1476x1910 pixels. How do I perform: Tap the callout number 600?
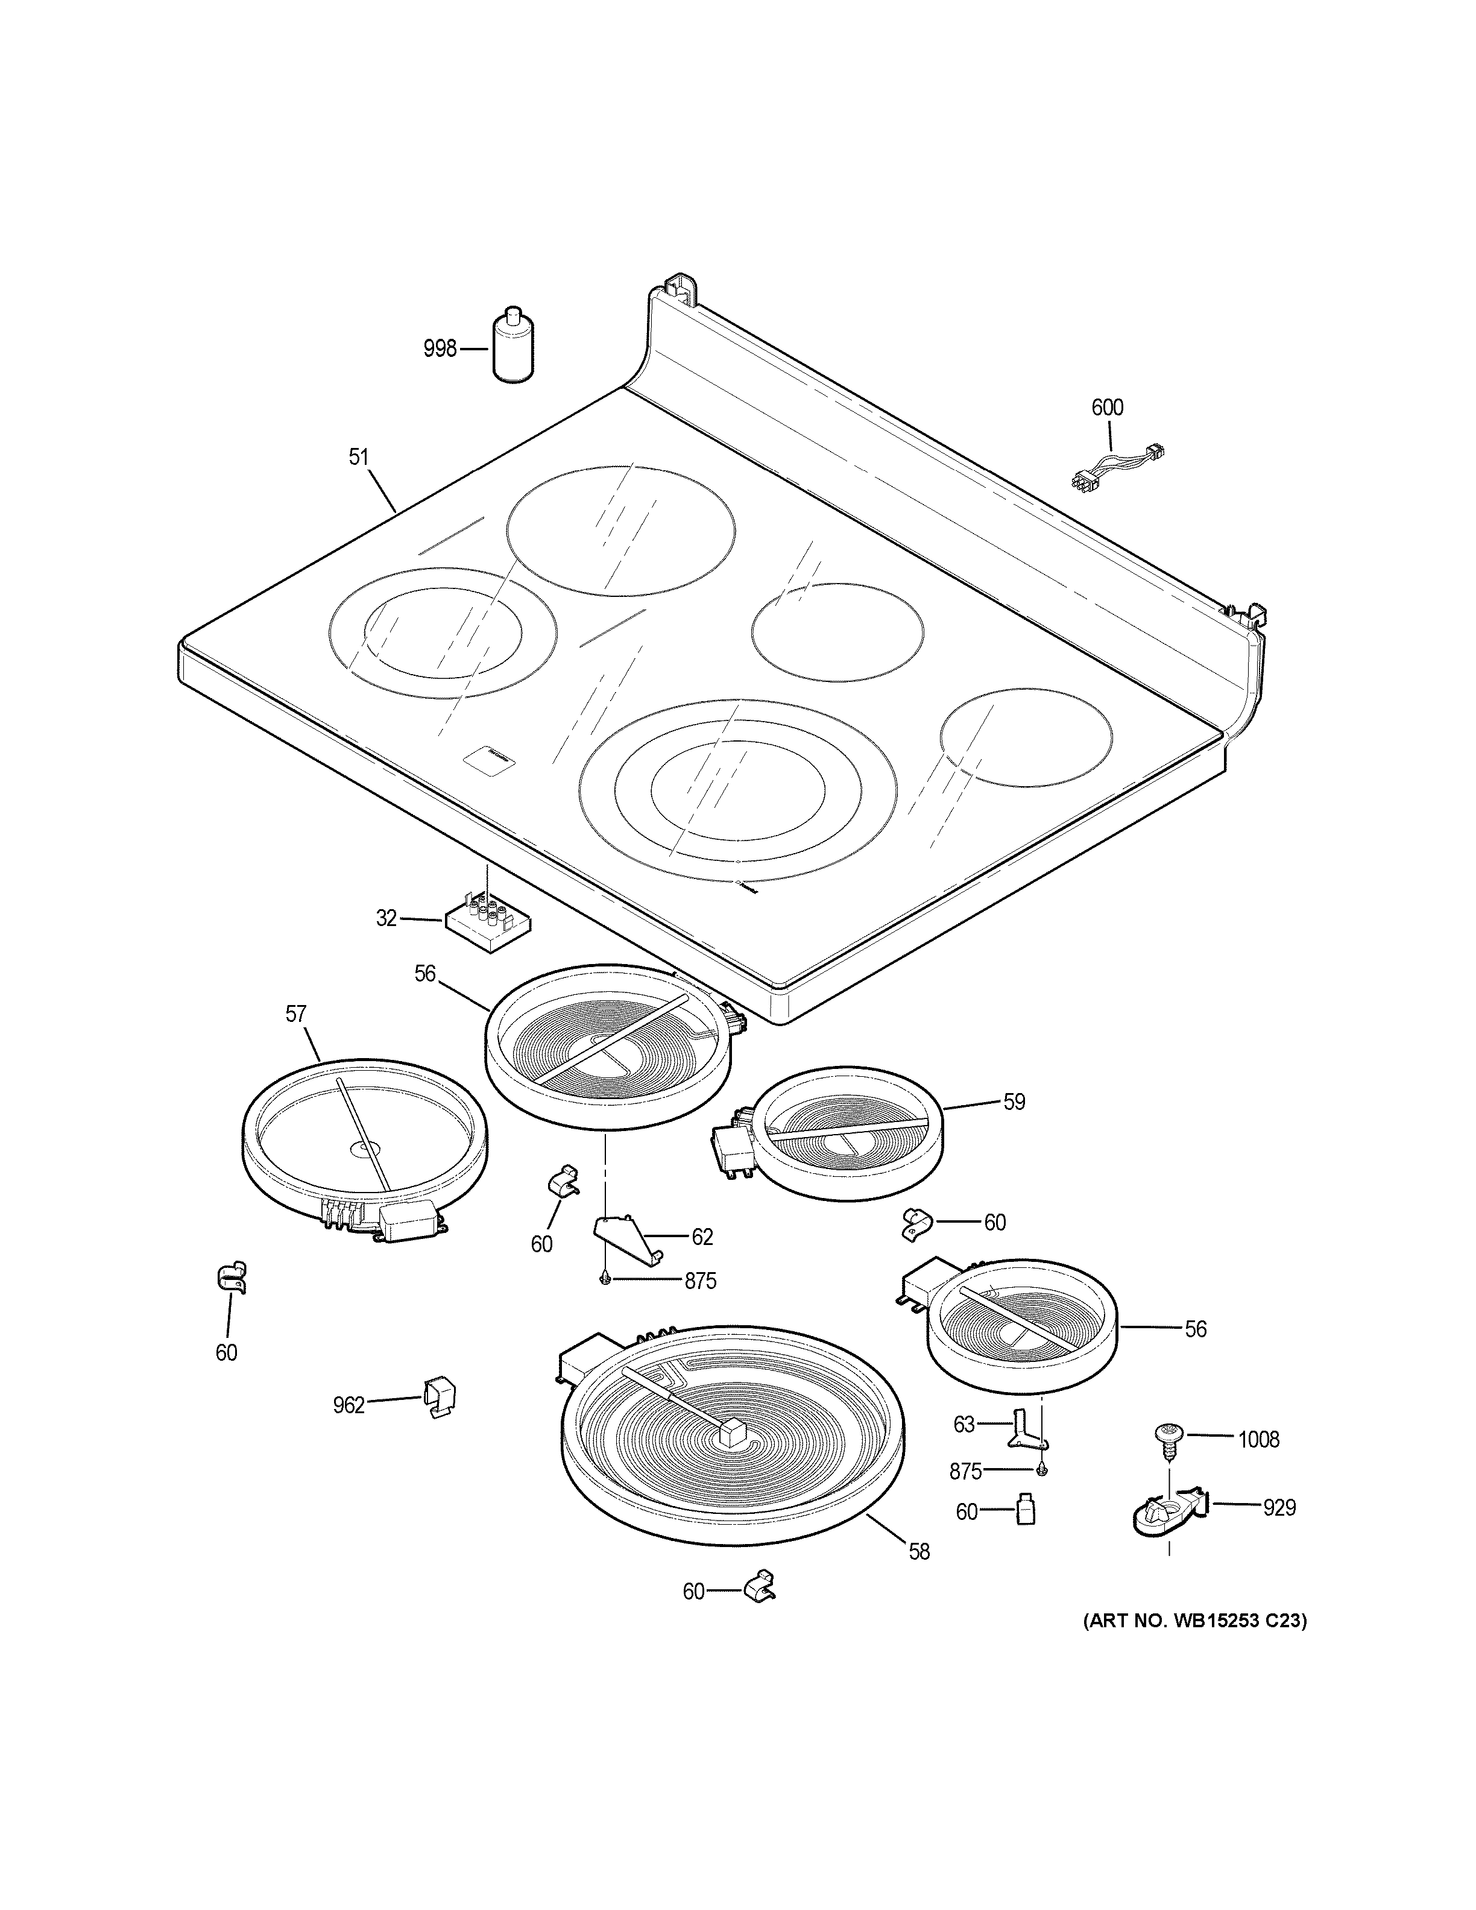point(1107,408)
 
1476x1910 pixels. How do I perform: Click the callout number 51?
point(359,456)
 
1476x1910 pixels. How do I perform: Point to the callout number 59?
point(1014,1102)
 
